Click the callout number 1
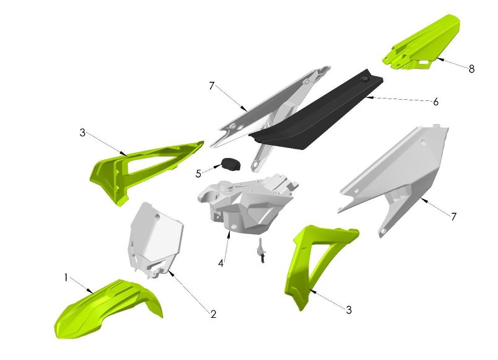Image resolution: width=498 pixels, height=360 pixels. click(66, 278)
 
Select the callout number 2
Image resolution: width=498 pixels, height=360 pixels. click(213, 314)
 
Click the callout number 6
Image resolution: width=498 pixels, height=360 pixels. click(435, 102)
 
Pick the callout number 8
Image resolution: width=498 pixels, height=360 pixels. click(471, 69)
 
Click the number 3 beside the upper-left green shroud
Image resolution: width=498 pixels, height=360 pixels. click(82, 132)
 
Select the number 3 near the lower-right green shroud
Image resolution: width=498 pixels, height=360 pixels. click(349, 309)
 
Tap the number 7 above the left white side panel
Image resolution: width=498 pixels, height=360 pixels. click(211, 86)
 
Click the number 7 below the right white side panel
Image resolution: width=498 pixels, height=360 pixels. click(453, 217)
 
